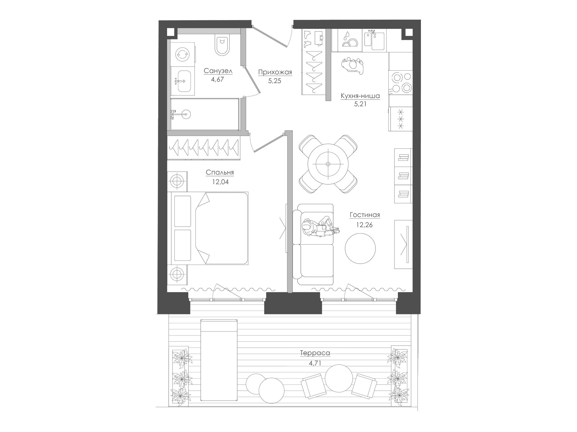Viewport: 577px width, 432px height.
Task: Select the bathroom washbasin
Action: click(x=183, y=81)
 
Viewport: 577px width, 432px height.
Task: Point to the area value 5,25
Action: click(x=275, y=81)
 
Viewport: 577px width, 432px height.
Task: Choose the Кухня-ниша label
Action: click(x=360, y=96)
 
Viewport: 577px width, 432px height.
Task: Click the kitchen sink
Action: click(x=375, y=41)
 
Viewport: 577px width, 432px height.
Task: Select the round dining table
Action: click(x=328, y=164)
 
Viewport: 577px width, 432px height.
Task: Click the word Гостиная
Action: click(x=365, y=215)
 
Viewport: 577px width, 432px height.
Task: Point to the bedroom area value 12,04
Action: click(x=221, y=182)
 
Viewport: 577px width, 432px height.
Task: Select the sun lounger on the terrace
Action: click(x=219, y=364)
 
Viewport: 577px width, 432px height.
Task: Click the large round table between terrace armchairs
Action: click(x=339, y=378)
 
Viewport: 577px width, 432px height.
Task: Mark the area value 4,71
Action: click(x=315, y=363)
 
